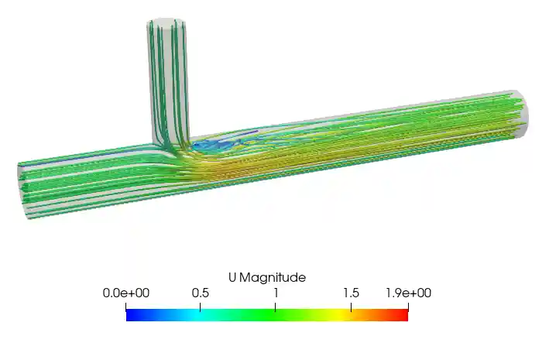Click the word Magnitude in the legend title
[273, 278]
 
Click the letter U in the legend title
[232, 278]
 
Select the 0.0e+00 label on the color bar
[126, 293]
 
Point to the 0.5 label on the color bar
[201, 293]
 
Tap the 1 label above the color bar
[276, 293]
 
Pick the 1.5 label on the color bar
[352, 293]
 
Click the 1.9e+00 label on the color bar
[408, 293]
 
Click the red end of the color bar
[403, 315]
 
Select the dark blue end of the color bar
[132, 315]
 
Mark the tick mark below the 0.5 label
[201, 307]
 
